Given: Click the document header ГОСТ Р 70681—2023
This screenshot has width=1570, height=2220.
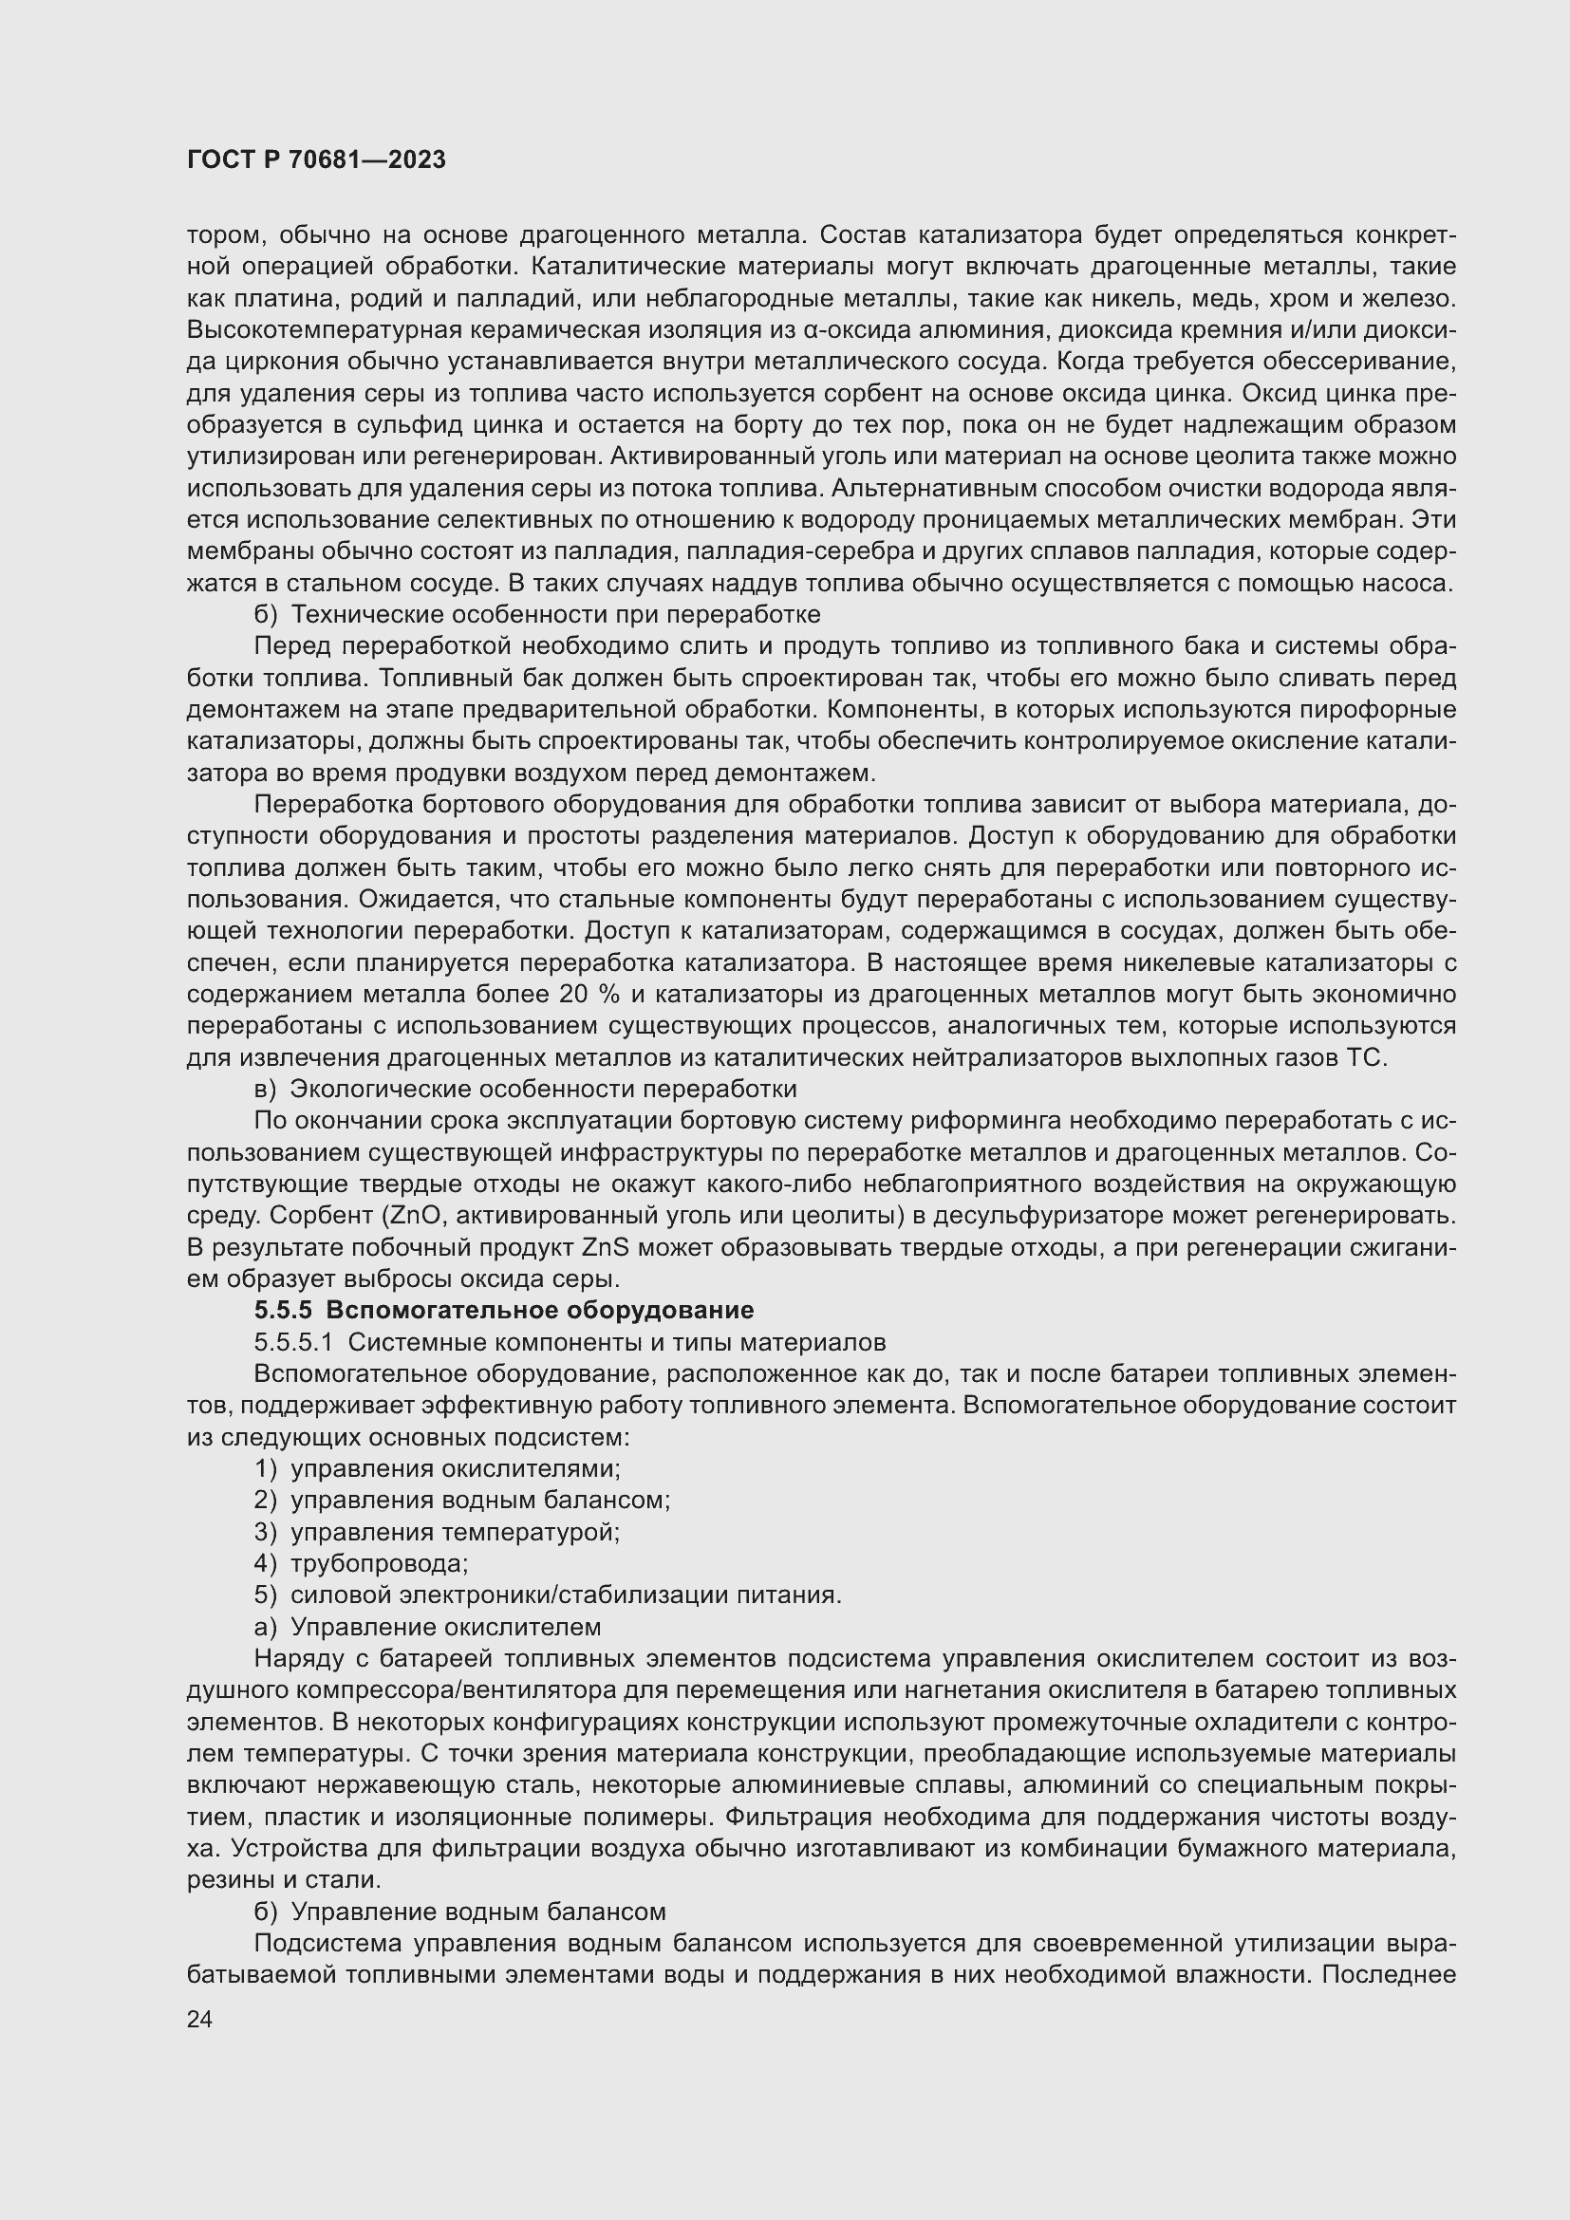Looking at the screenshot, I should click(316, 159).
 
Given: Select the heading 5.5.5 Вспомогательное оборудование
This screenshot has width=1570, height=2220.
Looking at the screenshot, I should click(504, 1310).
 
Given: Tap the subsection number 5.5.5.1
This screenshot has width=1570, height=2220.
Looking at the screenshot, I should click(293, 1342).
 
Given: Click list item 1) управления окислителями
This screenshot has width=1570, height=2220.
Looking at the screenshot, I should click(437, 1468).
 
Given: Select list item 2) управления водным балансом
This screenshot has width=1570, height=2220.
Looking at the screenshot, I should click(462, 1500).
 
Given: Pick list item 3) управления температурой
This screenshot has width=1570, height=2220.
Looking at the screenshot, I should click(437, 1532).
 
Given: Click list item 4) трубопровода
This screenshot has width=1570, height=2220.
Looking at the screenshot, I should click(362, 1563).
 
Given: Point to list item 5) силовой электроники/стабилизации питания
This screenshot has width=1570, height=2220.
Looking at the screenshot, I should click(547, 1595).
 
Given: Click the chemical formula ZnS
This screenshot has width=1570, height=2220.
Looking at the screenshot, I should click(606, 1247).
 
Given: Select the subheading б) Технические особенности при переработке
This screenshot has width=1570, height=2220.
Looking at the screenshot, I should click(536, 615).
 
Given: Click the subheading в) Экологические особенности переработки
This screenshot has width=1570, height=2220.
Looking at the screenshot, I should click(525, 1089).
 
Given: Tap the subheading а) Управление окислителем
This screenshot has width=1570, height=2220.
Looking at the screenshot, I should click(427, 1627).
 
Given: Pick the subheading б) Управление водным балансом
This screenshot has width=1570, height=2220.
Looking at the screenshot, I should click(459, 1911).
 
